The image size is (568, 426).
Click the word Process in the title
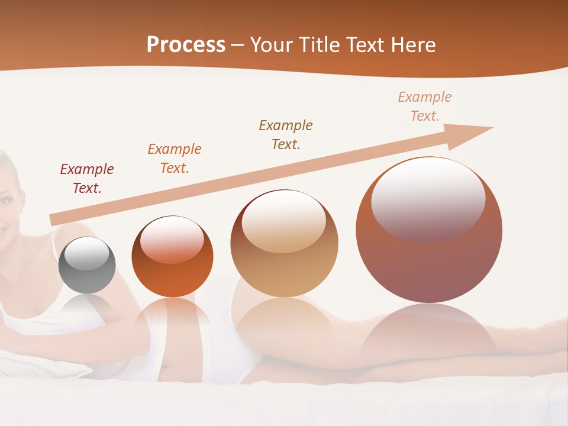tap(186, 45)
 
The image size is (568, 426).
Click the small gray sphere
tap(87, 266)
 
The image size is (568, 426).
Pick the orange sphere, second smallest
tap(172, 257)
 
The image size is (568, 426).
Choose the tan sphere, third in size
tap(284, 244)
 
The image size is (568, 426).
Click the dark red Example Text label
tap(86, 179)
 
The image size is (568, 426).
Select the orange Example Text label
tap(174, 159)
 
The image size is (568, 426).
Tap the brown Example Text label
tap(286, 135)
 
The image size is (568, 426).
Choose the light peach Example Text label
tap(424, 106)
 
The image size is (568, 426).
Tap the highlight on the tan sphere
tap(283, 220)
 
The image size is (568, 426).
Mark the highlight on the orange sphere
tap(172, 238)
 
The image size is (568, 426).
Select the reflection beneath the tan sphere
tap(284, 322)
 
